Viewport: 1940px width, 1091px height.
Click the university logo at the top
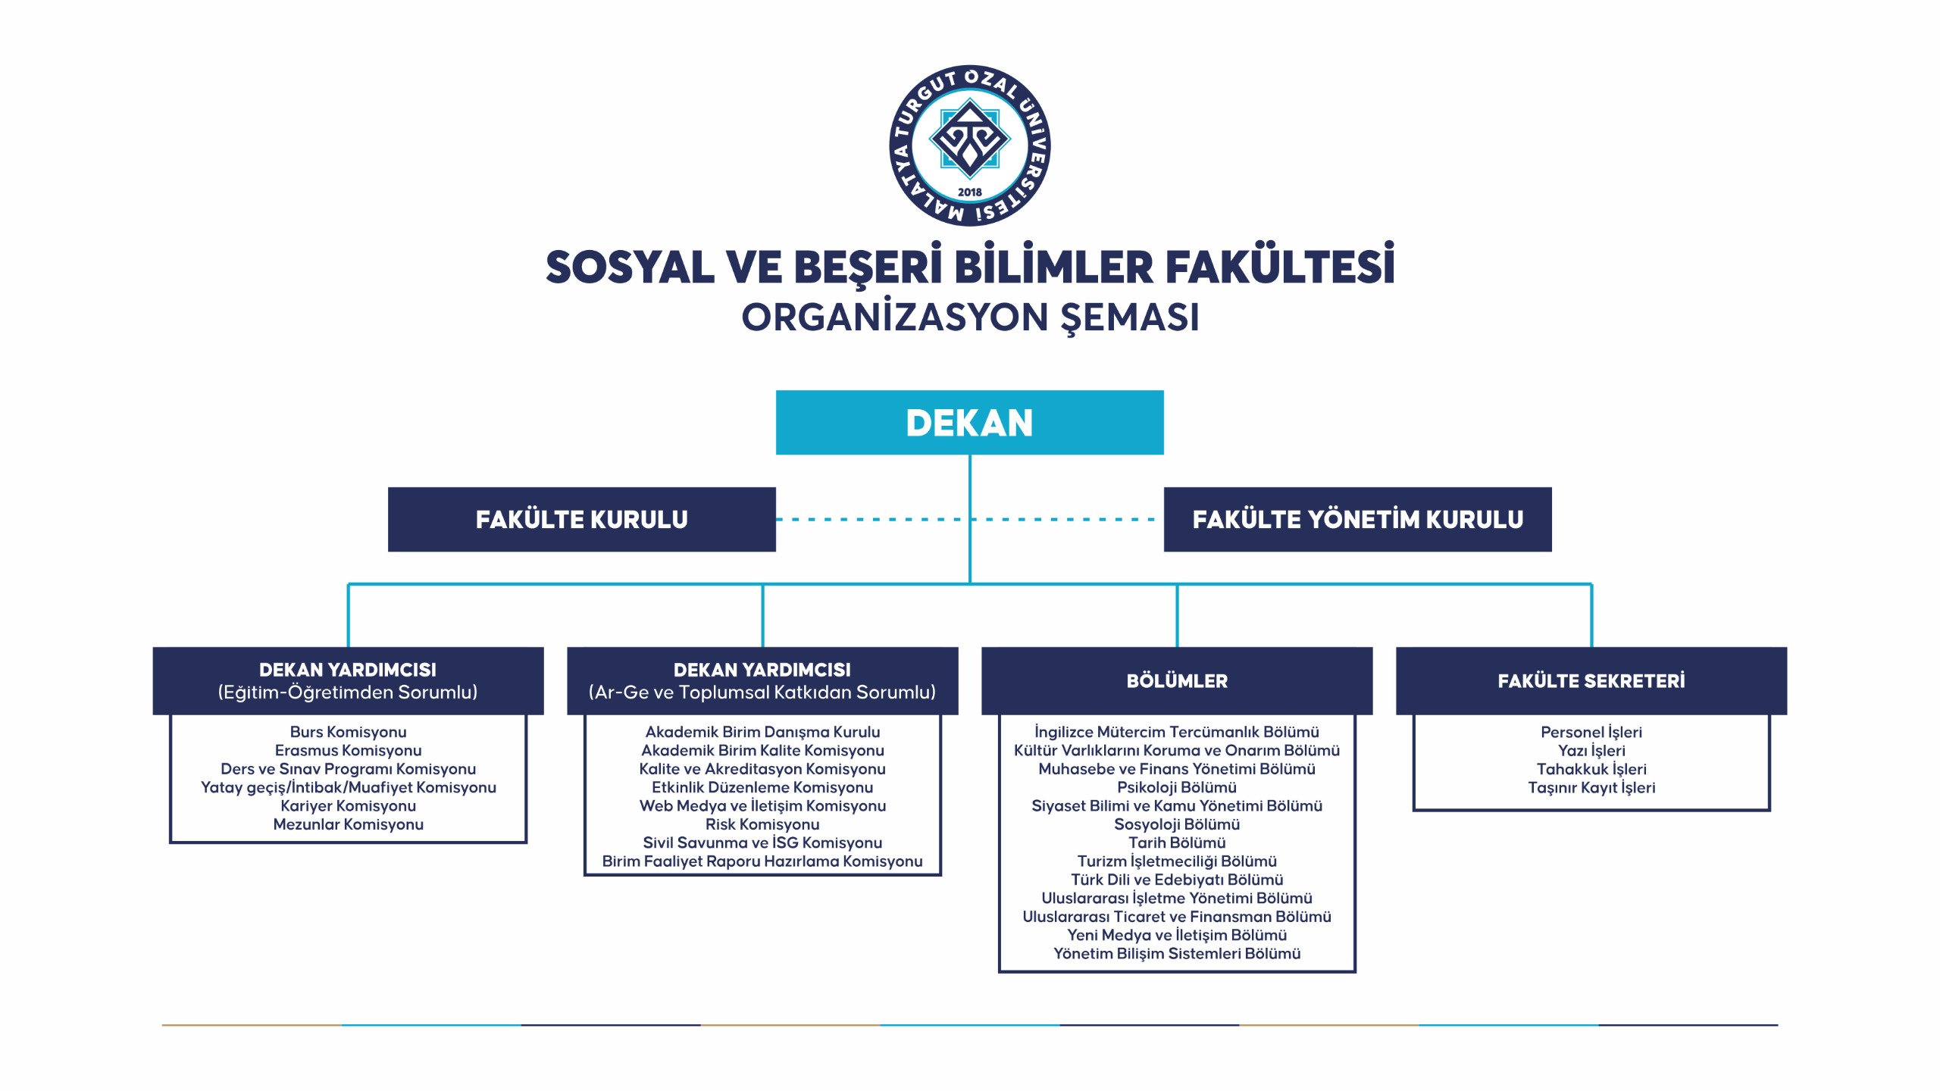969,145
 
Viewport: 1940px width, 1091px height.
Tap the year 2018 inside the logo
969,192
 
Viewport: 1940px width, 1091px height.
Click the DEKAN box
969,423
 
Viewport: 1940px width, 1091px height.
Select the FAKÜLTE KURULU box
581,520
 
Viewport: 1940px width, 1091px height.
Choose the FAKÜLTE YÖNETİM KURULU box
1357,520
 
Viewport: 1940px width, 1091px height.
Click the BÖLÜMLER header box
1177,681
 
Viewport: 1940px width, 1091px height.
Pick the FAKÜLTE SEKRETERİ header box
1591,681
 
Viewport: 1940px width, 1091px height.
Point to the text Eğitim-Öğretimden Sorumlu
348,692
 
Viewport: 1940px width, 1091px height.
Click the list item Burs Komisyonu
348,732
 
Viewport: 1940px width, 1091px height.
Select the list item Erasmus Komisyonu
348,751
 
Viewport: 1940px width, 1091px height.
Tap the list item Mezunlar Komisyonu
348,824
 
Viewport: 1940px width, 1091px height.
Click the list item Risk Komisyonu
762,824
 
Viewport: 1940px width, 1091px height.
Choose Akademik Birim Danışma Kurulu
762,732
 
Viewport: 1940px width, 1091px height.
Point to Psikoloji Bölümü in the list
1177,788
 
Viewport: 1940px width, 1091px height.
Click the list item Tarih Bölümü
1177,843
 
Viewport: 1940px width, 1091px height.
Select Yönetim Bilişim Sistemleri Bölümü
1177,954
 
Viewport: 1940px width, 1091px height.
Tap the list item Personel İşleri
1591,732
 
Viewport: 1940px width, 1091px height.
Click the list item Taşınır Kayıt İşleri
1591,788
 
